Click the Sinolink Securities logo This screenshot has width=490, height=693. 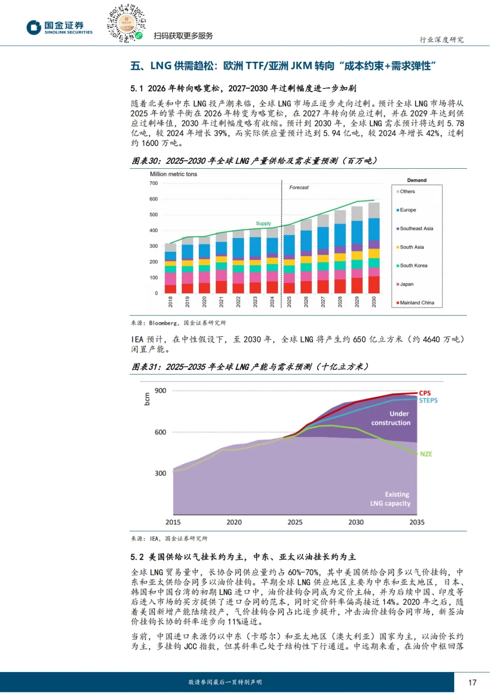click(59, 27)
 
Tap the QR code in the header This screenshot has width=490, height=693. click(126, 23)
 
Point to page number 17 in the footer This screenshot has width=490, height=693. click(472, 682)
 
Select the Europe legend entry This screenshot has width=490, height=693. click(407, 210)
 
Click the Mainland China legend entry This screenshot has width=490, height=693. click(416, 303)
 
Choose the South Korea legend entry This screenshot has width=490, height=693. click(413, 265)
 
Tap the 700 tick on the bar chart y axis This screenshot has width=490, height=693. click(154, 183)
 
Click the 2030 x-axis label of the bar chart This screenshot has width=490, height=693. click(374, 301)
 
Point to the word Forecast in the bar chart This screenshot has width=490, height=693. click(299, 187)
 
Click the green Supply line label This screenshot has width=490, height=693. click(263, 223)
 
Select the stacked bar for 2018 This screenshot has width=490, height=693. click(171, 268)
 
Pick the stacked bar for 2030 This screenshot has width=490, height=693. click(374, 248)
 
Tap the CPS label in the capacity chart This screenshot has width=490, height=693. click(425, 393)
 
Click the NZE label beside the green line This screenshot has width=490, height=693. click(426, 454)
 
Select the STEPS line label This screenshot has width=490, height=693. click(428, 400)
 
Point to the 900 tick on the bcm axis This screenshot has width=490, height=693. click(161, 391)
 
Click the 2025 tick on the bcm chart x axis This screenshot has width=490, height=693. click(295, 522)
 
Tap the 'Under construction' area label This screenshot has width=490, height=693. click(391, 418)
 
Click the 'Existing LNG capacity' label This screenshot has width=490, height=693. click(391, 499)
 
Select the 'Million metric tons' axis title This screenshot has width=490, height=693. click(173, 174)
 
